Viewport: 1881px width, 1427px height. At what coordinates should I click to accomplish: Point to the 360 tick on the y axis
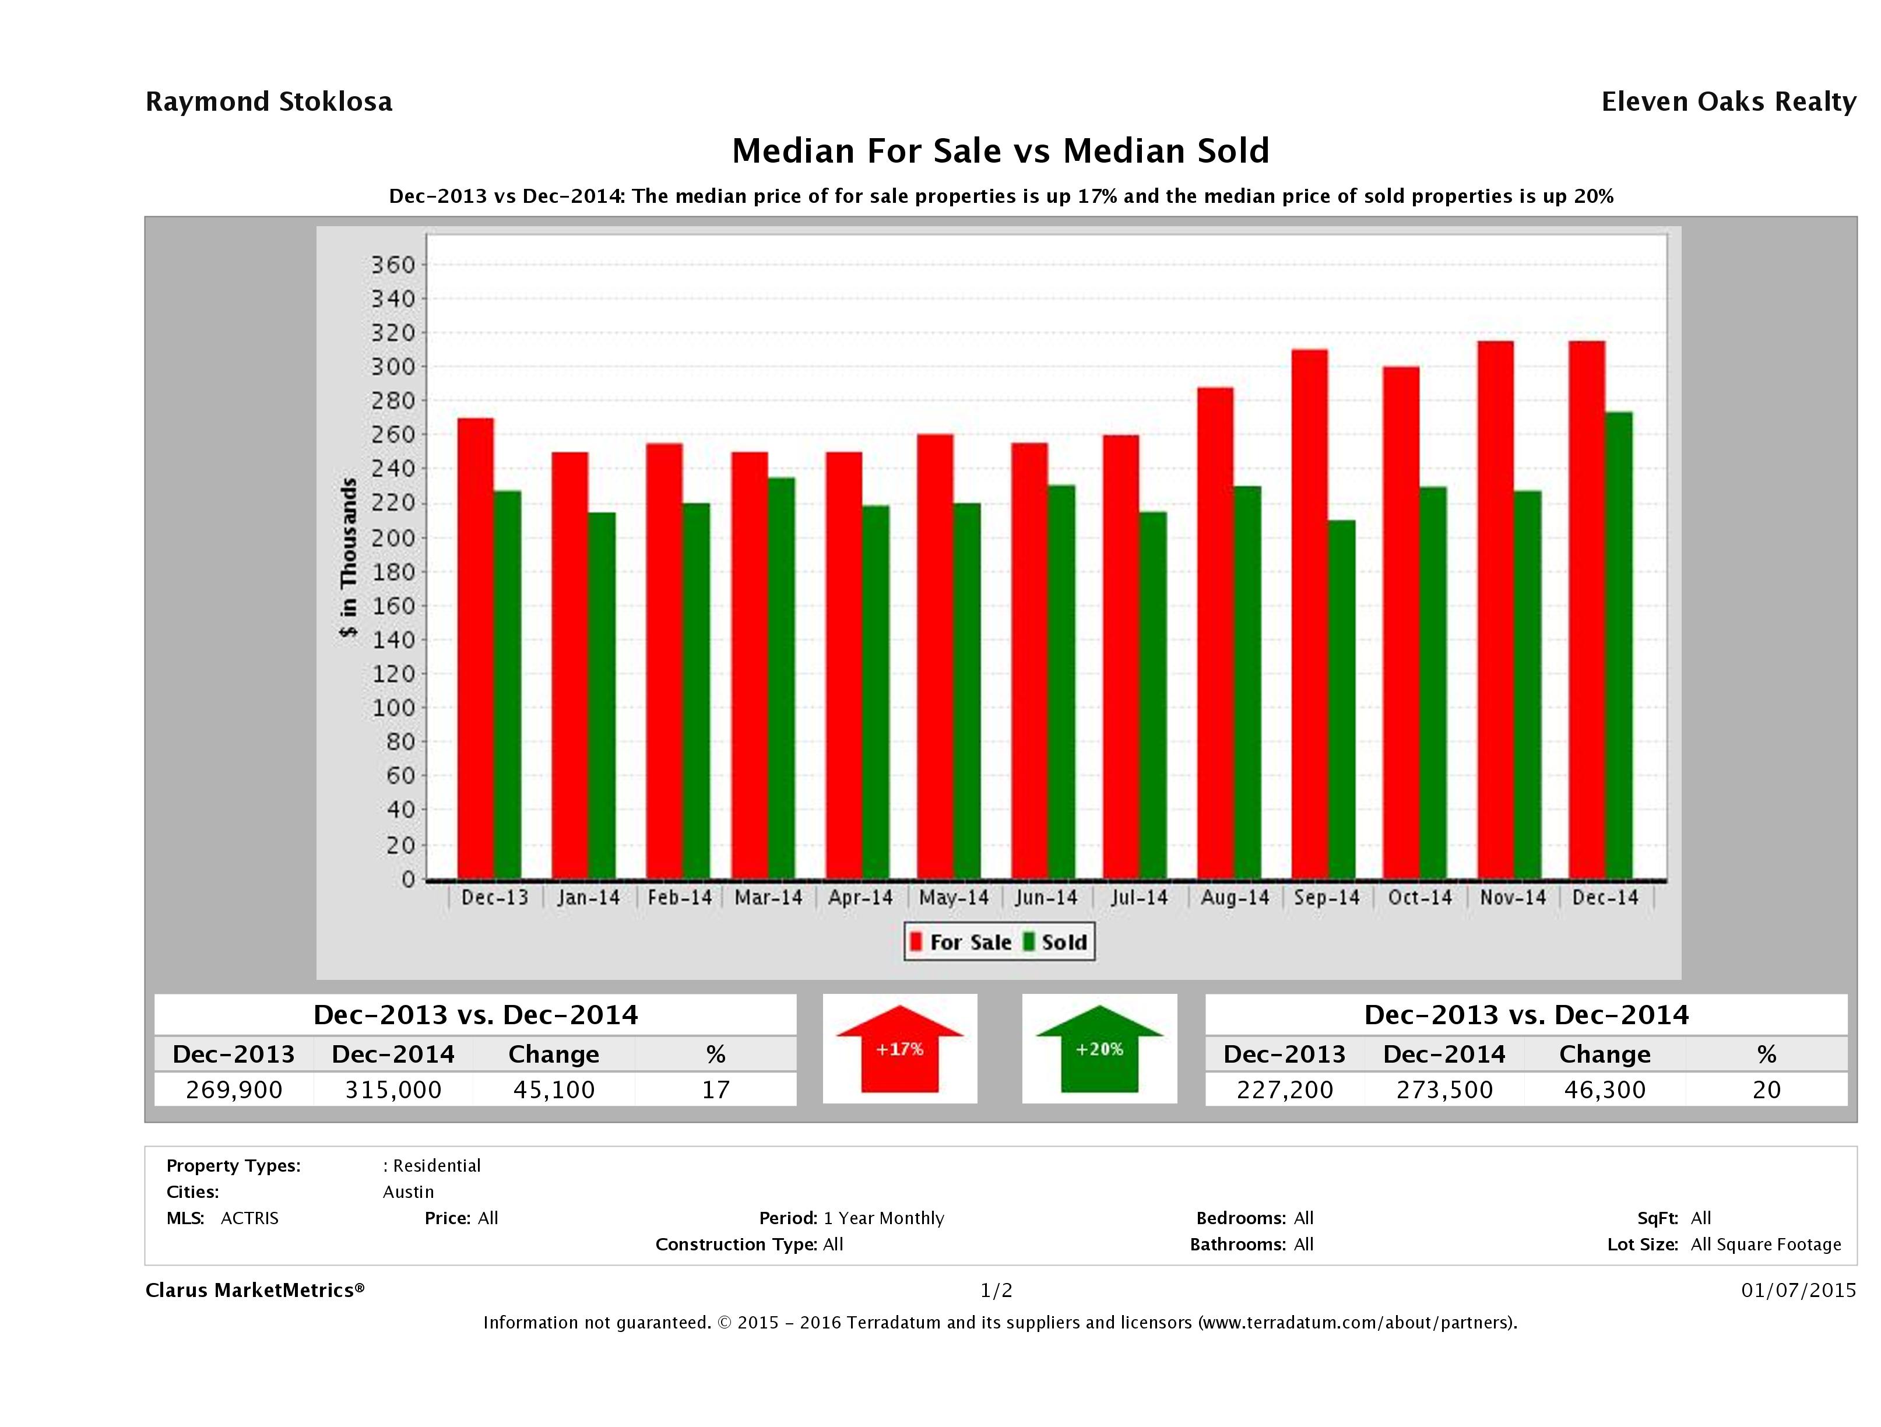click(x=392, y=265)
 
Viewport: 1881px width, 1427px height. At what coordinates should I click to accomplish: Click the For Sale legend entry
click(x=961, y=942)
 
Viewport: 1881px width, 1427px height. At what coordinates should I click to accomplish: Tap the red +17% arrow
click(x=899, y=1049)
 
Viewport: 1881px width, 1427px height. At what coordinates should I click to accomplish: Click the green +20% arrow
click(x=1099, y=1049)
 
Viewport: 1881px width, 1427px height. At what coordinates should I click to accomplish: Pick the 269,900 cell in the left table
click(x=234, y=1089)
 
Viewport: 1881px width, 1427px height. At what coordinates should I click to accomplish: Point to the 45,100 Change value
click(x=554, y=1089)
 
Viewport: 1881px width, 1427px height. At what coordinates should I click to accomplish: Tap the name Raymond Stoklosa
click(x=269, y=102)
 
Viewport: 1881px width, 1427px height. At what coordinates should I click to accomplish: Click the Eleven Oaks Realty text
click(x=1728, y=102)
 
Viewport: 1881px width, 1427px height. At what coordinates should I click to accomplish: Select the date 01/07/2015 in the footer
click(x=1798, y=1290)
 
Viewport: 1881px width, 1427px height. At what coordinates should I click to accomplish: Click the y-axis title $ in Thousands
click(x=349, y=557)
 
